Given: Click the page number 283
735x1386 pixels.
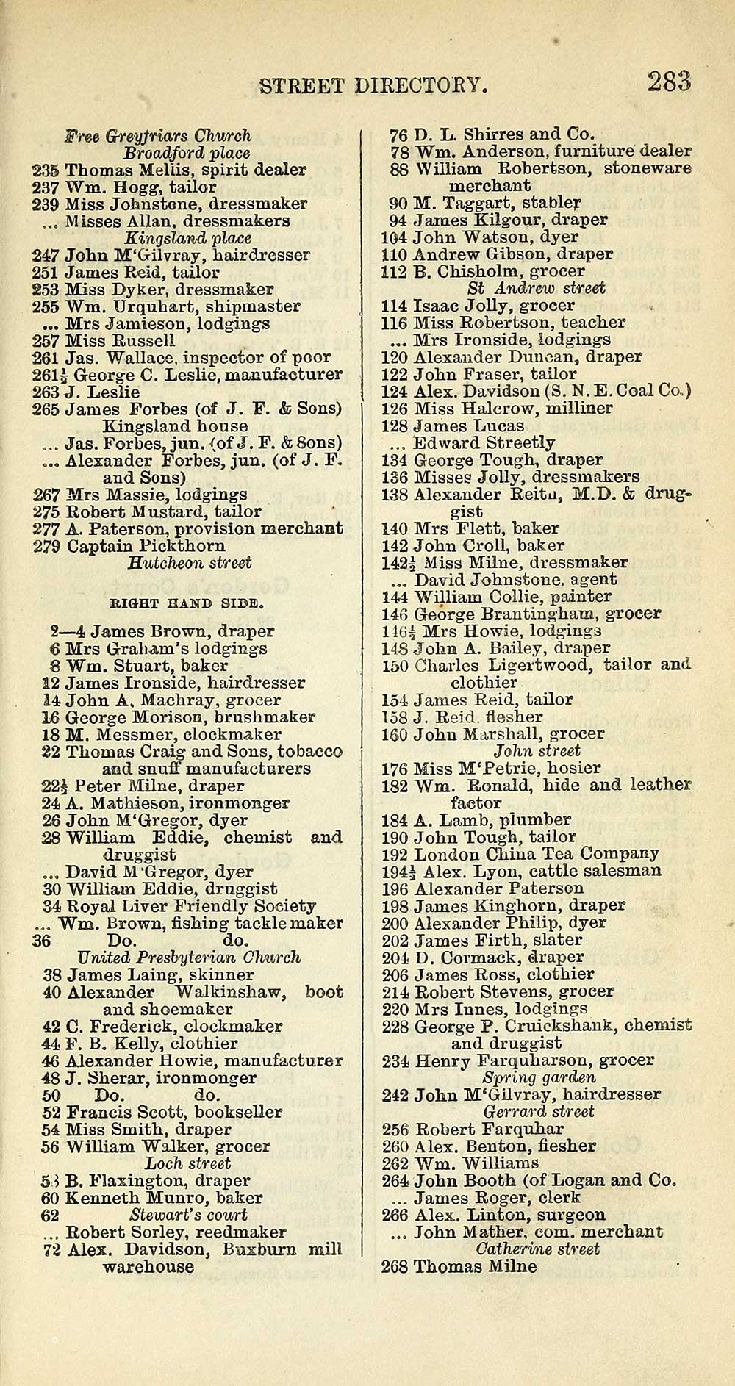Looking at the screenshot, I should (x=669, y=82).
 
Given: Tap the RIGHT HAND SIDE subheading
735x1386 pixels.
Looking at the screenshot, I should (x=187, y=603).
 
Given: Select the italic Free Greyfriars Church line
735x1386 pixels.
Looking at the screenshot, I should (x=158, y=136).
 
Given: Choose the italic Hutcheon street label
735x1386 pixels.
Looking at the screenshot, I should (x=189, y=563).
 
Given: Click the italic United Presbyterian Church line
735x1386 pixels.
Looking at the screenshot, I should (x=189, y=958).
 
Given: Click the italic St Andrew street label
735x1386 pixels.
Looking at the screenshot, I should (x=536, y=288).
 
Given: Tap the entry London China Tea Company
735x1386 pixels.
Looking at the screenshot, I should (x=536, y=854).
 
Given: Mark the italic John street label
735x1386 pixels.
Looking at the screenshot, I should (x=537, y=751).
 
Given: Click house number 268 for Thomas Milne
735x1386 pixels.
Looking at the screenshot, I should (x=395, y=1267).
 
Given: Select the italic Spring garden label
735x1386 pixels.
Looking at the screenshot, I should (x=539, y=1077).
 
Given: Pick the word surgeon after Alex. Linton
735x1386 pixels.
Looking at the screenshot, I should (x=570, y=1216).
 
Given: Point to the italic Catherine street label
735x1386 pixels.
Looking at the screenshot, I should (x=537, y=1249).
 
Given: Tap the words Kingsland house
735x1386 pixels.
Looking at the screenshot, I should (x=175, y=426).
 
